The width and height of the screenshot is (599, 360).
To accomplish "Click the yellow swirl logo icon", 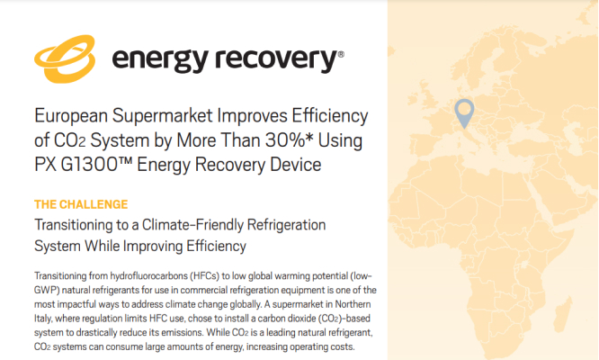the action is coord(65,58).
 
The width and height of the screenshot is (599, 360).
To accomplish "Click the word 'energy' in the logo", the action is coord(160,60).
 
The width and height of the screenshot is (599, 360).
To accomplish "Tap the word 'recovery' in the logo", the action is coord(276,59).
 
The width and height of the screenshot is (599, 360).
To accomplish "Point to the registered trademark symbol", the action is coord(341,55).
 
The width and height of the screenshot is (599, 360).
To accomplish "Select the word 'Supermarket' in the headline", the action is coord(163,116).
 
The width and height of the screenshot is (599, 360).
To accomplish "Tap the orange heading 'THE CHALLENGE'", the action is coord(81,204).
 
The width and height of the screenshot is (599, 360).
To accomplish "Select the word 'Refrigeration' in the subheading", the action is coord(287,225).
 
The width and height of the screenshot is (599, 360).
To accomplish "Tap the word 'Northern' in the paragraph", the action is coord(353,304).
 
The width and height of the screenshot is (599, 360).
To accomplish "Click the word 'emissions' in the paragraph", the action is coord(182,332).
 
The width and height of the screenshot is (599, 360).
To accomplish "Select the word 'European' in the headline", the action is coord(71,116).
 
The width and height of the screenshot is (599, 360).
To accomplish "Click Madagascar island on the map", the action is coord(562,313).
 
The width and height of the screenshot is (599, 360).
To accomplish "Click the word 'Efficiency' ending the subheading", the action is coord(216,246).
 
